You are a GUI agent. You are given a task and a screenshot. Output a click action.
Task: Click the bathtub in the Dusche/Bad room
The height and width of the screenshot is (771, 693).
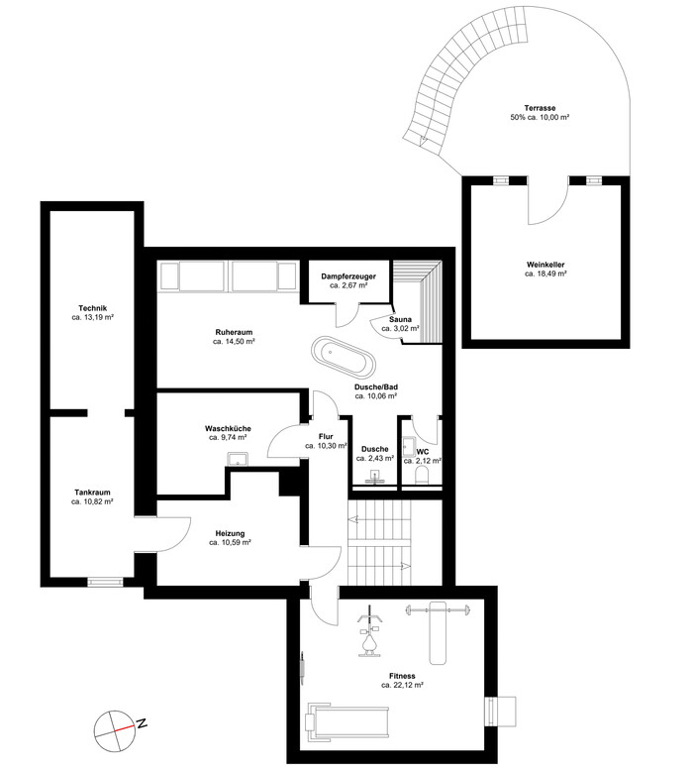[344, 356]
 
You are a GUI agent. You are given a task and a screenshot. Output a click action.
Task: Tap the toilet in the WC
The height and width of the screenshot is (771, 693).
[423, 475]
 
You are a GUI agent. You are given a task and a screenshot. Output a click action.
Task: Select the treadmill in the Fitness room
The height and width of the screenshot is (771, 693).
[347, 721]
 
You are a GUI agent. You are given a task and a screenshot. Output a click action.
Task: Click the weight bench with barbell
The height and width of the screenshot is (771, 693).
[438, 632]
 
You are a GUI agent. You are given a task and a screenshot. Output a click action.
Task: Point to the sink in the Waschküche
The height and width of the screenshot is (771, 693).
[238, 459]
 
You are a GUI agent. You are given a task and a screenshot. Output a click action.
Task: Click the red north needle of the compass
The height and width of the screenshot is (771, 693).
[125, 727]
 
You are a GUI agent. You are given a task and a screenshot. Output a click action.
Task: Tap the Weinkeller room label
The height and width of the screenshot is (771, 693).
[545, 265]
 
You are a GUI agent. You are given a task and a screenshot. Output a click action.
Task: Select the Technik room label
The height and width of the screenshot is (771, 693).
[92, 308]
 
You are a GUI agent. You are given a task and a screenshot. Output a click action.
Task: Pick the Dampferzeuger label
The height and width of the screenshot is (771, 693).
[348, 276]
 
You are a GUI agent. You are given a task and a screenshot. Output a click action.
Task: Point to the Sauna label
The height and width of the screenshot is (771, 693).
[400, 320]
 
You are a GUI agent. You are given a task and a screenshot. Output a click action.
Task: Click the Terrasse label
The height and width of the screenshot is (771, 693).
[540, 108]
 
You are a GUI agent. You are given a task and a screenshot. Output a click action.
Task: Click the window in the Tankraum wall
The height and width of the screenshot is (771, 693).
[105, 582]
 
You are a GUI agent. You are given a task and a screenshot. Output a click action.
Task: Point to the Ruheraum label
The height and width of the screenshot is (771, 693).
[234, 332]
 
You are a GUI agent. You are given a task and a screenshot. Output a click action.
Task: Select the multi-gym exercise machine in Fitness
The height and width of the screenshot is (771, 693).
[369, 630]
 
